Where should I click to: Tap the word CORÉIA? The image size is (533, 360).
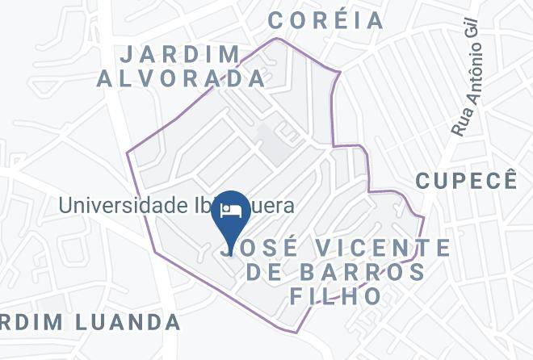point(325,20)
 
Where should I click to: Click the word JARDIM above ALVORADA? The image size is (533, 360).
point(179,55)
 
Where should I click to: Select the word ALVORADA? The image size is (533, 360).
point(181,78)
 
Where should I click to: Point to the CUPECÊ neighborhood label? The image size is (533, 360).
point(466,180)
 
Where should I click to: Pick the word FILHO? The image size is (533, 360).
point(336,295)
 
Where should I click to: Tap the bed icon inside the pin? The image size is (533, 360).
point(231,210)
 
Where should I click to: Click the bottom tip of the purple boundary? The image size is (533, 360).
point(298,333)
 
